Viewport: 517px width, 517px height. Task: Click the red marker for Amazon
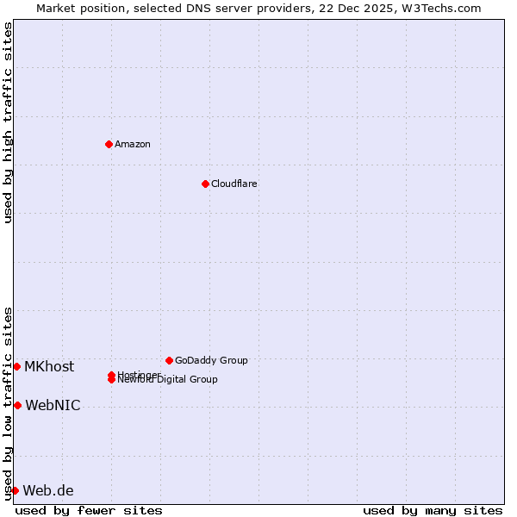tap(109, 144)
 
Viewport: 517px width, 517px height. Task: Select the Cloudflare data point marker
tap(205, 184)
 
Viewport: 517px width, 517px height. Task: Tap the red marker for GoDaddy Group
tap(169, 360)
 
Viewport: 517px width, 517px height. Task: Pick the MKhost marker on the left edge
tap(16, 366)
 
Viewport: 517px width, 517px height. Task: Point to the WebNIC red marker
tap(17, 405)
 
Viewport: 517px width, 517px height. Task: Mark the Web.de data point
tap(15, 490)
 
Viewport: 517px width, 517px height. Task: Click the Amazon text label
tap(133, 144)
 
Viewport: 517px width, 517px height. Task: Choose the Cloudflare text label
tap(234, 184)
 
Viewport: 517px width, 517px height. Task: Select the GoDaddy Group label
tap(211, 360)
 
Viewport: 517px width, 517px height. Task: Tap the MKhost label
tap(49, 366)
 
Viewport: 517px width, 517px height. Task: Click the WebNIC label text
tap(53, 405)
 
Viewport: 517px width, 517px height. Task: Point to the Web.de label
tap(48, 490)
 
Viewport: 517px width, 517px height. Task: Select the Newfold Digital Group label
tap(169, 380)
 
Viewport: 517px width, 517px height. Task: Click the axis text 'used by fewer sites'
tap(89, 510)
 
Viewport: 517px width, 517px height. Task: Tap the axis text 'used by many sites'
tap(433, 510)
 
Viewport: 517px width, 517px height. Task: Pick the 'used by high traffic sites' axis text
tap(8, 122)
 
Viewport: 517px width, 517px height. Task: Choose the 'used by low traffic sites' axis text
tap(8, 403)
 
